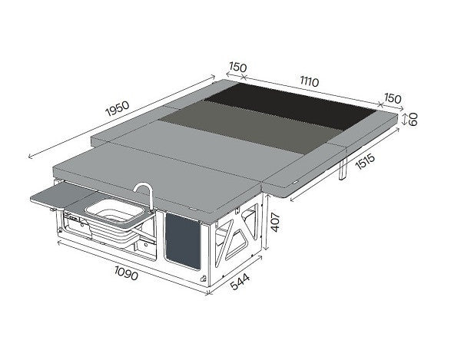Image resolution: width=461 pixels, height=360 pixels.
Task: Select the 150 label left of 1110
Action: coord(237,68)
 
